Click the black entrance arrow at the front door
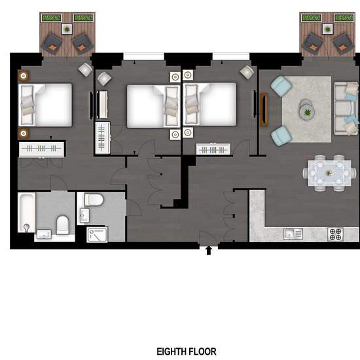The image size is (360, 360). click(x=208, y=250)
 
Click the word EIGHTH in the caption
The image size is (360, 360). click(x=171, y=351)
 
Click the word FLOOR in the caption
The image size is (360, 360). click(x=202, y=351)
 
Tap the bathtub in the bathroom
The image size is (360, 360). click(x=27, y=212)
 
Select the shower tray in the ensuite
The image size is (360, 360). click(x=97, y=234)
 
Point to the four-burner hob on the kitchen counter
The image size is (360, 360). click(x=335, y=234)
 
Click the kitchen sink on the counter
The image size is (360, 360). click(x=293, y=234)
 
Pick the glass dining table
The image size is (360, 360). click(x=329, y=173)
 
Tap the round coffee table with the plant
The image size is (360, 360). click(x=307, y=112)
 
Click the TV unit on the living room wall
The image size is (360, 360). click(x=264, y=109)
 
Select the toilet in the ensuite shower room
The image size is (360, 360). click(x=94, y=200)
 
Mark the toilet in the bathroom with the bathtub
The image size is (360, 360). click(x=63, y=225)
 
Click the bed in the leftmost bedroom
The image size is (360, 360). click(x=45, y=105)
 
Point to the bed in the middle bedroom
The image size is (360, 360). click(x=154, y=106)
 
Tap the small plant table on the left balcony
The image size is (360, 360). click(x=67, y=29)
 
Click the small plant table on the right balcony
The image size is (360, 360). click(x=328, y=29)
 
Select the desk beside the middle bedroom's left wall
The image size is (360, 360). click(x=102, y=105)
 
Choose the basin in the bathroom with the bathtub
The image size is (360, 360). click(x=44, y=234)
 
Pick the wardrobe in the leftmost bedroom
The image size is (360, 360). click(x=41, y=149)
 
